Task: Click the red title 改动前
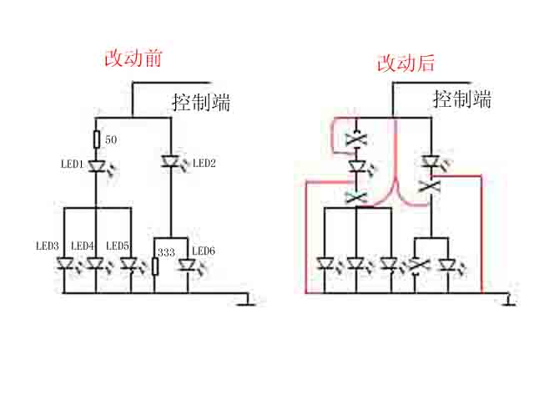132,59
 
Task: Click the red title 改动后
406,63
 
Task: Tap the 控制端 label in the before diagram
201,103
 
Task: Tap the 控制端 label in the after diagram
461,99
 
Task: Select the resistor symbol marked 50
97,139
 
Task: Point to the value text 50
111,139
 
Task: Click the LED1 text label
71,165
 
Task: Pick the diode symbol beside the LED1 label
96,165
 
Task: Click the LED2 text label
204,164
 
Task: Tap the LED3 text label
47,246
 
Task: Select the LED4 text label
82,246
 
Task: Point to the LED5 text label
117,246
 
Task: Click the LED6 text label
204,251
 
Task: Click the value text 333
167,251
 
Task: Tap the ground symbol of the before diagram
245,302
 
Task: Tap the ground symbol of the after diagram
509,302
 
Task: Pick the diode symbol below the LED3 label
64,264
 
